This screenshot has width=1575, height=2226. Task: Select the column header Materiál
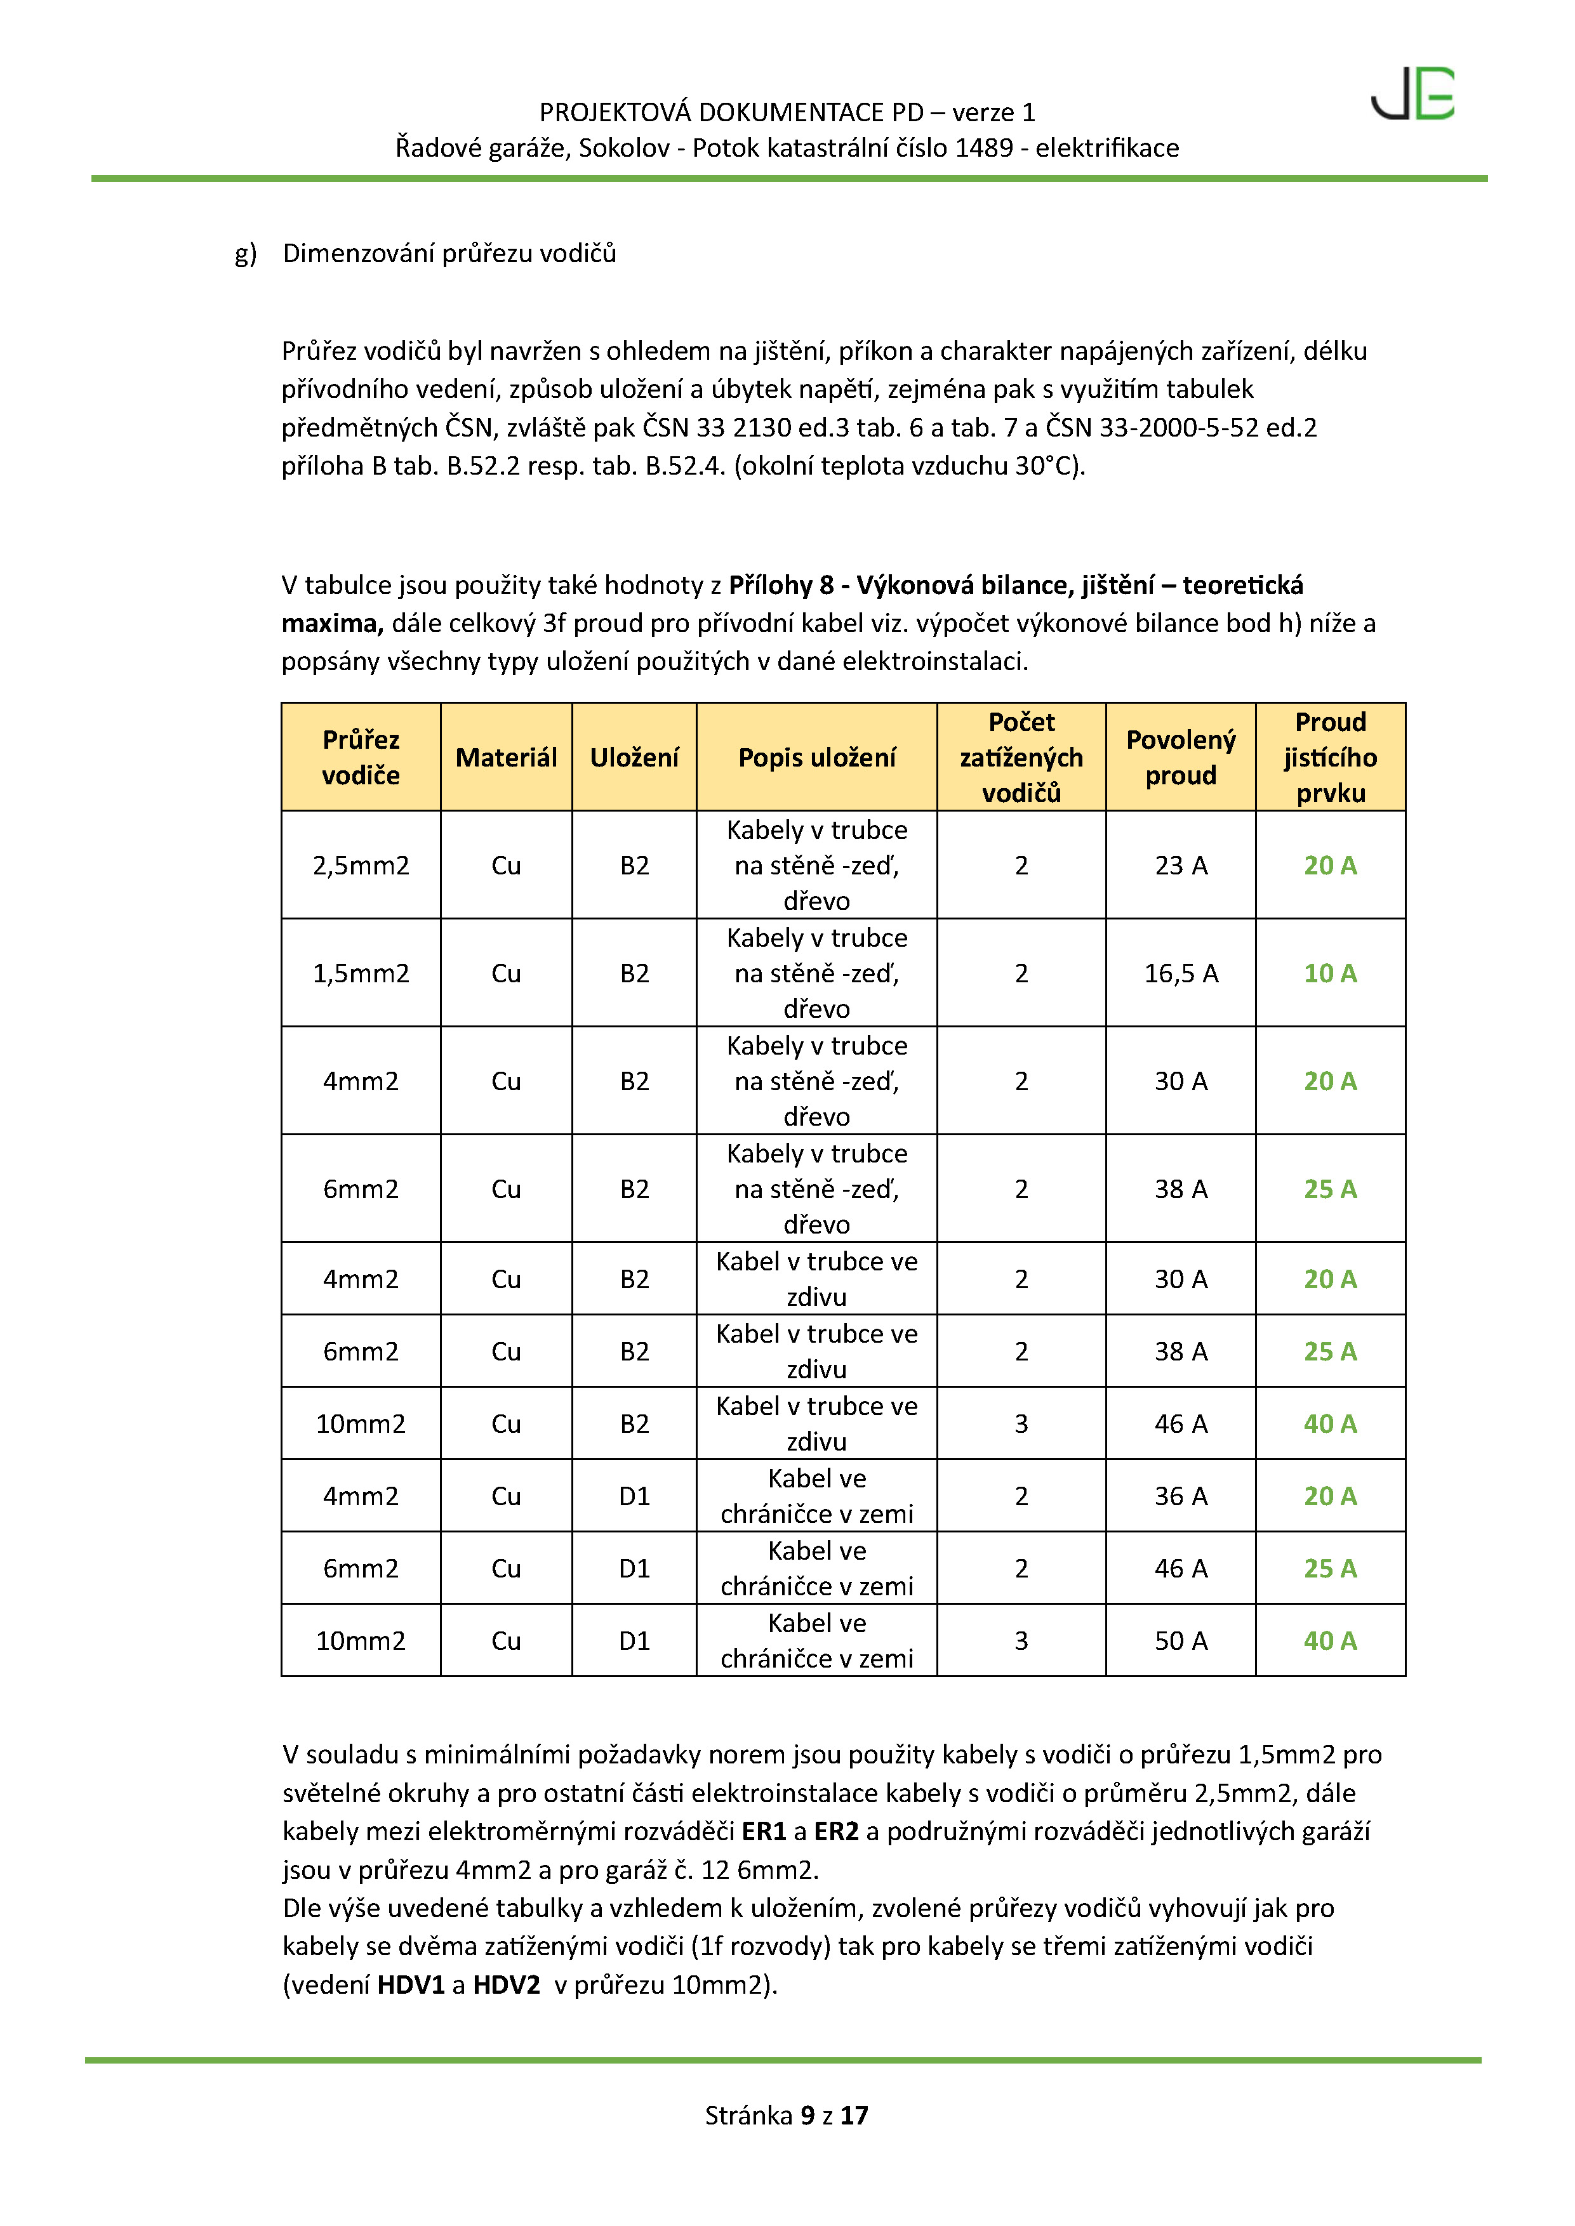505,757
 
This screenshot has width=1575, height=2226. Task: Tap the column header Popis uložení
816,757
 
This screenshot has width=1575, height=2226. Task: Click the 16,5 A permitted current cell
1180,973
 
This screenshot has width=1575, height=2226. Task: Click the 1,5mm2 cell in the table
360,973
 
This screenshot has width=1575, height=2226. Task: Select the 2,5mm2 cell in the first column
360,866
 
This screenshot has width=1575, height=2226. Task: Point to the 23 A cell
1180,866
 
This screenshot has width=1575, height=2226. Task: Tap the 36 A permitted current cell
1180,1496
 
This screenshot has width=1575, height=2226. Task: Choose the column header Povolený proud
1180,757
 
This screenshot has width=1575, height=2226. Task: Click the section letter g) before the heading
246,254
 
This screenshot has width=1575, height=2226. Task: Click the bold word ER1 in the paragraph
763,1831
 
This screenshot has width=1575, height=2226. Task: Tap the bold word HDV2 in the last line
505,1985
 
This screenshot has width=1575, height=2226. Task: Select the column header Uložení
634,757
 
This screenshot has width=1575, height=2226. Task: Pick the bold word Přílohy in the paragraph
771,584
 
